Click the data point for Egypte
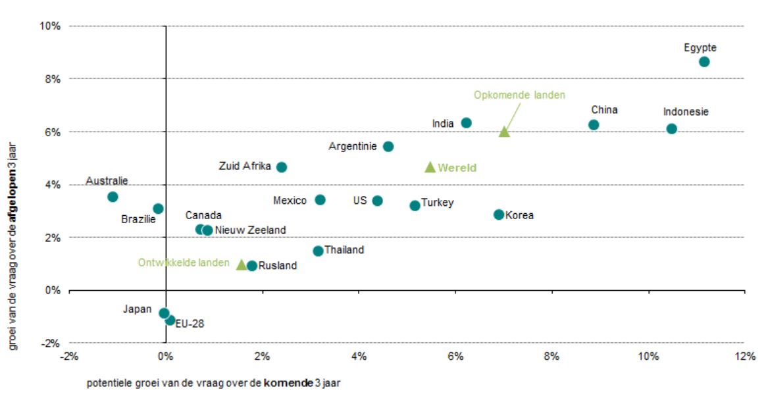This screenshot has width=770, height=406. (704, 62)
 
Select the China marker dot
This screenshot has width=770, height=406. (594, 125)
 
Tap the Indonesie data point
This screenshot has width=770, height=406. (671, 129)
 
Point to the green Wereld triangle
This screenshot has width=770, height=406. (430, 168)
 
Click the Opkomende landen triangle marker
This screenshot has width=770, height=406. (504, 132)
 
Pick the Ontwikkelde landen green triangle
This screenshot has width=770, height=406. (242, 265)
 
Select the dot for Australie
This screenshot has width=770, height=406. (113, 197)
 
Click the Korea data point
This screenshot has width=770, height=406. (499, 215)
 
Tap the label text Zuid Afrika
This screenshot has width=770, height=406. (244, 166)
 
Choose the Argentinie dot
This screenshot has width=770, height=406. (388, 146)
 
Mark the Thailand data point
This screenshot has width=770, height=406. (318, 251)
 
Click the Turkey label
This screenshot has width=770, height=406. (437, 203)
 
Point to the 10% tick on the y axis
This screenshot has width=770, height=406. (51, 26)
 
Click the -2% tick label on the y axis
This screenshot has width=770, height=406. (51, 343)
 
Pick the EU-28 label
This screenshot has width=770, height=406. (190, 324)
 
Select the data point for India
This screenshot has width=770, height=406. (466, 123)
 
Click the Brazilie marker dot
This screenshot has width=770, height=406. (158, 209)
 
